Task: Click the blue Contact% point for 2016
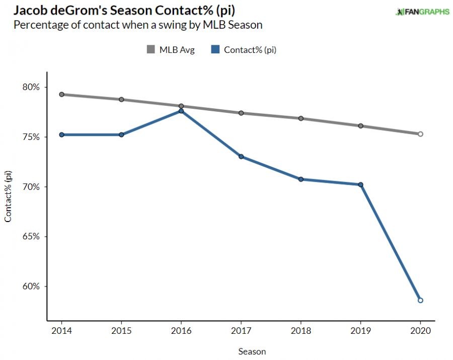click(181, 111)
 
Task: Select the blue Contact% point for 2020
click(420, 300)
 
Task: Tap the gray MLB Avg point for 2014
click(61, 94)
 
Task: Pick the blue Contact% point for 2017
click(241, 157)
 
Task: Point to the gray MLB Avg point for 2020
click(420, 134)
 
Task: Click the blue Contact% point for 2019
click(360, 184)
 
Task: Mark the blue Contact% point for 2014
click(61, 134)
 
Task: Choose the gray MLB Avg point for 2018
click(300, 118)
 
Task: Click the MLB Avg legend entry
click(170, 49)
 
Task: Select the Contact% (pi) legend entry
click(244, 49)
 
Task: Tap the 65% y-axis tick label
click(30, 237)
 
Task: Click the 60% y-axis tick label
click(30, 286)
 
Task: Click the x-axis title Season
click(252, 351)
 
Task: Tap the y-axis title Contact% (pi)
click(8, 196)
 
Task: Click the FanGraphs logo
click(422, 12)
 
